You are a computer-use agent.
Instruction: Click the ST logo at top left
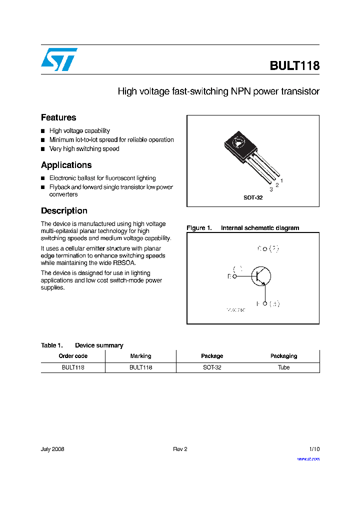pos(59,59)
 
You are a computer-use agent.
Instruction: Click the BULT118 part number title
pos(294,66)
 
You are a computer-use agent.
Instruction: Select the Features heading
pos(58,117)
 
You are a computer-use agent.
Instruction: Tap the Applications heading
pos(66,165)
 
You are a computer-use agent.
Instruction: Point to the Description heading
pos(64,211)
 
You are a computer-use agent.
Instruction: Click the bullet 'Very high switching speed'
pos(84,149)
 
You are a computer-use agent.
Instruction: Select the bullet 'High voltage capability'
pos(79,131)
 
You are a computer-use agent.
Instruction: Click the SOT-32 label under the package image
pos(253,197)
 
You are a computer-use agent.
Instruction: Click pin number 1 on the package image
pos(282,180)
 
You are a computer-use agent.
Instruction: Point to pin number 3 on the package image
pos(271,189)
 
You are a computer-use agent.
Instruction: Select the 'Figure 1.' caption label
pos(198,228)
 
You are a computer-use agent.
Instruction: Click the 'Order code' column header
pos(73,356)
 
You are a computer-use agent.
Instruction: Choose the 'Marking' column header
pos(140,356)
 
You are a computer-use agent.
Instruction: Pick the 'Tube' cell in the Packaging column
pos(283,367)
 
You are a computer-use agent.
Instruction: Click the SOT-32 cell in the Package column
pos(211,367)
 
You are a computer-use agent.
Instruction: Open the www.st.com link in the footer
pos(308,459)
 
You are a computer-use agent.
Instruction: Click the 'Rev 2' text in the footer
pos(180,449)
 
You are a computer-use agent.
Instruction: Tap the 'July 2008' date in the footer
pos(52,449)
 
